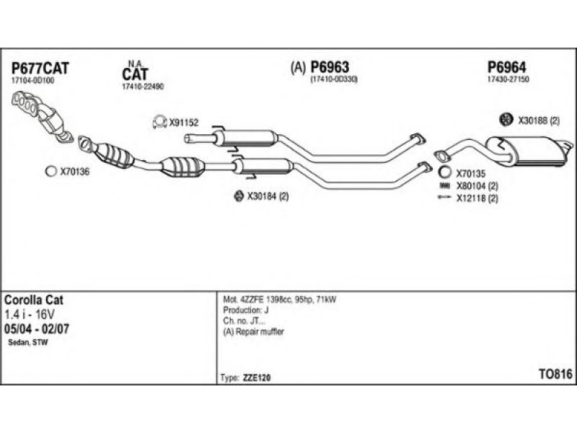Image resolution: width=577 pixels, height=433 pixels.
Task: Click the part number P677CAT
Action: [x=40, y=69]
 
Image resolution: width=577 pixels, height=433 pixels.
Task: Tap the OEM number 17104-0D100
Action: [x=32, y=81]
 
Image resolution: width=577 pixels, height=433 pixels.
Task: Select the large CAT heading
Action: [x=136, y=74]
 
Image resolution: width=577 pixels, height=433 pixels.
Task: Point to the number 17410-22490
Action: [x=143, y=87]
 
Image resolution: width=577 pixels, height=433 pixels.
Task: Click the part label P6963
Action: [x=330, y=67]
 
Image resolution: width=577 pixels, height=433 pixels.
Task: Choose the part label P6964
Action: [x=507, y=67]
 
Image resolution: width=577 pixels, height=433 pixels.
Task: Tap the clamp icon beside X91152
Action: [x=159, y=122]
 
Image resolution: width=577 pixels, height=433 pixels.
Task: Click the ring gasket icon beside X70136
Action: [x=50, y=171]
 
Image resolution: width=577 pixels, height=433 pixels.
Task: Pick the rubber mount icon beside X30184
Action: [x=239, y=196]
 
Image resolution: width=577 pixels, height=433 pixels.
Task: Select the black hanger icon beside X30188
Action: [x=506, y=119]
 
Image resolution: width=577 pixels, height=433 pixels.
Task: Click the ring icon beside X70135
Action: [x=445, y=172]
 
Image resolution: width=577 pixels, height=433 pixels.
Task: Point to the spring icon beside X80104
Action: [x=445, y=185]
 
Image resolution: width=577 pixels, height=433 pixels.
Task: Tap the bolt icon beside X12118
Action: [x=444, y=197]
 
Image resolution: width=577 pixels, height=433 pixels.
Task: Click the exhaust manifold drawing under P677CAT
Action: [x=41, y=115]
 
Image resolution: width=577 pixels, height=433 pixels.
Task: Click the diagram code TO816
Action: [x=555, y=374]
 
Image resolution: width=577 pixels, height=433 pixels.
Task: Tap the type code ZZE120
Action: [x=257, y=377]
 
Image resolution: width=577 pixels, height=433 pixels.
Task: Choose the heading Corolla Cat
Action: [x=34, y=300]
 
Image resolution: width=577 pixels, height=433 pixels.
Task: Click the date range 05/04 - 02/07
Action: [x=37, y=328]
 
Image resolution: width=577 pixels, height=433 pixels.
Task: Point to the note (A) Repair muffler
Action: [x=254, y=331]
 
